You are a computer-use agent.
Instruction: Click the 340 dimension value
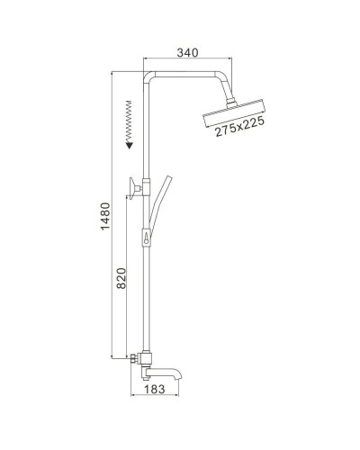(186, 53)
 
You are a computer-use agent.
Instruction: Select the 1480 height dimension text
(104, 215)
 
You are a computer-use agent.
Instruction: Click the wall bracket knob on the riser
(134, 186)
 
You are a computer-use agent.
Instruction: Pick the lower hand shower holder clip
(145, 239)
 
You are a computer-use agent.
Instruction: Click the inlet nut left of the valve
(131, 357)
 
